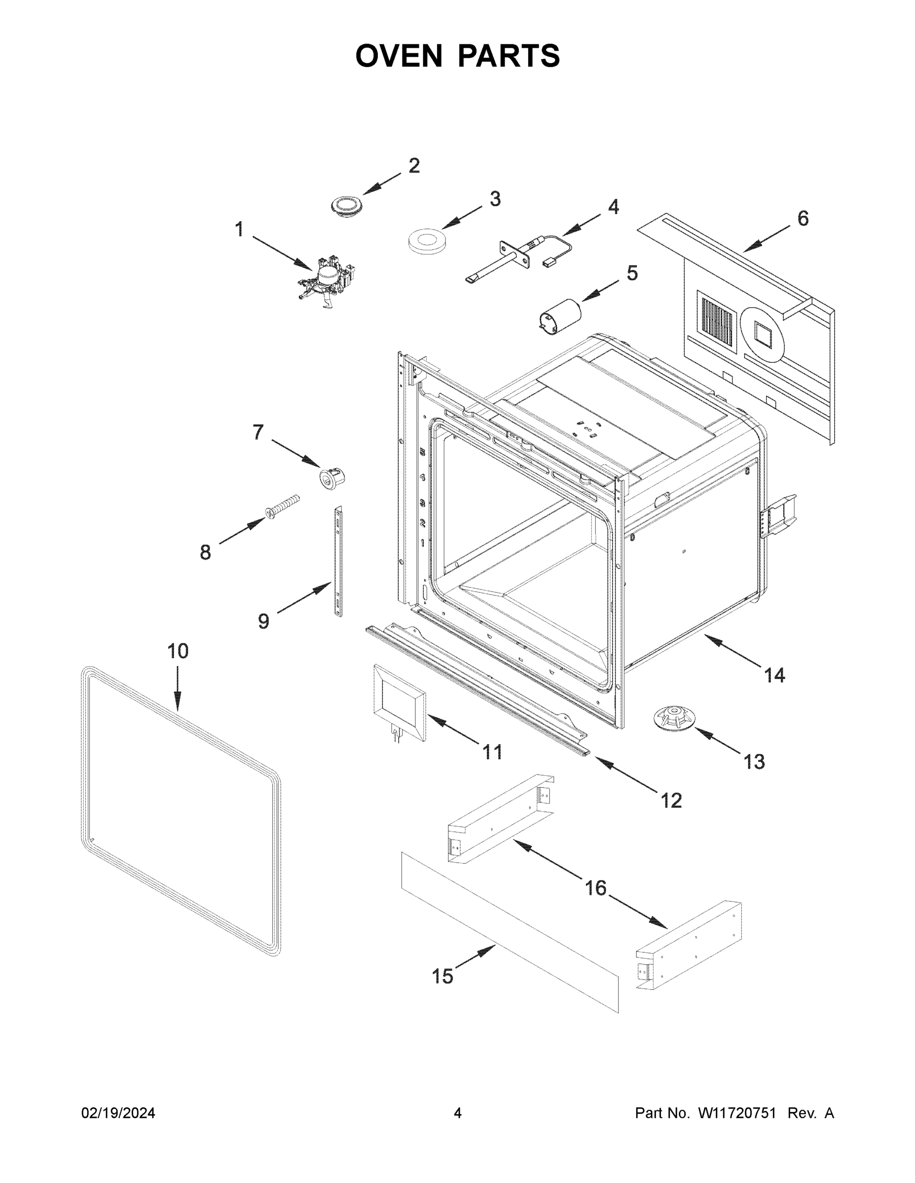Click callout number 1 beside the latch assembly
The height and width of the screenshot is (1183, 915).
239,230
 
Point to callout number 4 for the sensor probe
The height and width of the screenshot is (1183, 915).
614,208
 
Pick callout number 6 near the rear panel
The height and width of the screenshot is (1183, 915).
803,219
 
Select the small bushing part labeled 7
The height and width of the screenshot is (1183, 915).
331,478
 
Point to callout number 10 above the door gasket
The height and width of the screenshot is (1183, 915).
177,651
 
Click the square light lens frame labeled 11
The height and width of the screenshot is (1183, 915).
399,702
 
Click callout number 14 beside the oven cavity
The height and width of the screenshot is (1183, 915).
774,675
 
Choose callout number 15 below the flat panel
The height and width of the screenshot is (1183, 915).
442,976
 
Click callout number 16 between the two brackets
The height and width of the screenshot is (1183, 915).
595,888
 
